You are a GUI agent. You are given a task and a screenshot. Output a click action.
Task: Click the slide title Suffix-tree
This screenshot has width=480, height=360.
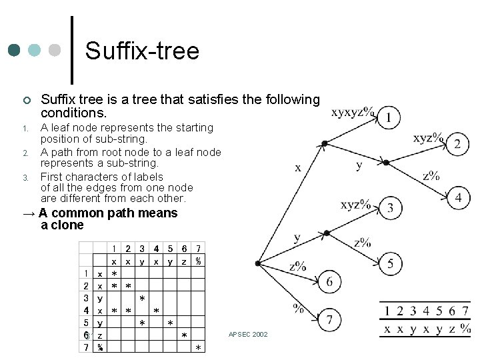click(143, 51)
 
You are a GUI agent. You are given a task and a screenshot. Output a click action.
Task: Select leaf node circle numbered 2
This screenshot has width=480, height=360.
click(457, 143)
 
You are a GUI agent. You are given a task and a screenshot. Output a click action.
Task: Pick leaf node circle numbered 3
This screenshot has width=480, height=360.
click(390, 208)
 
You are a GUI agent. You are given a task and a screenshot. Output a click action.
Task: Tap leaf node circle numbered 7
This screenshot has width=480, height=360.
click(329, 321)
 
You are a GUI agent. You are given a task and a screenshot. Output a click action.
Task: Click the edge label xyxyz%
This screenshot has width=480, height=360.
click(353, 112)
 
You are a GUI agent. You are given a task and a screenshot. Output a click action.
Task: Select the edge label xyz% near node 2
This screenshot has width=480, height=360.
click(428, 138)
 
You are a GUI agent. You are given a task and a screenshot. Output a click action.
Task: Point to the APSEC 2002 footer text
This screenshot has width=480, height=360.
click(248, 334)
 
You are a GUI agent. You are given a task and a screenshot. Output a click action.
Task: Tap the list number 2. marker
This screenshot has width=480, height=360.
click(25, 153)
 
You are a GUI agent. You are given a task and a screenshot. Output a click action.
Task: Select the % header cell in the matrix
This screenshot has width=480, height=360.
click(198, 261)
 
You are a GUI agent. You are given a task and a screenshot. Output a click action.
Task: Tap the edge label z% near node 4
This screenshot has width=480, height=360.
click(432, 176)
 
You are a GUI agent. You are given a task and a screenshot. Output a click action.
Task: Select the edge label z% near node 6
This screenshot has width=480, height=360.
click(298, 266)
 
